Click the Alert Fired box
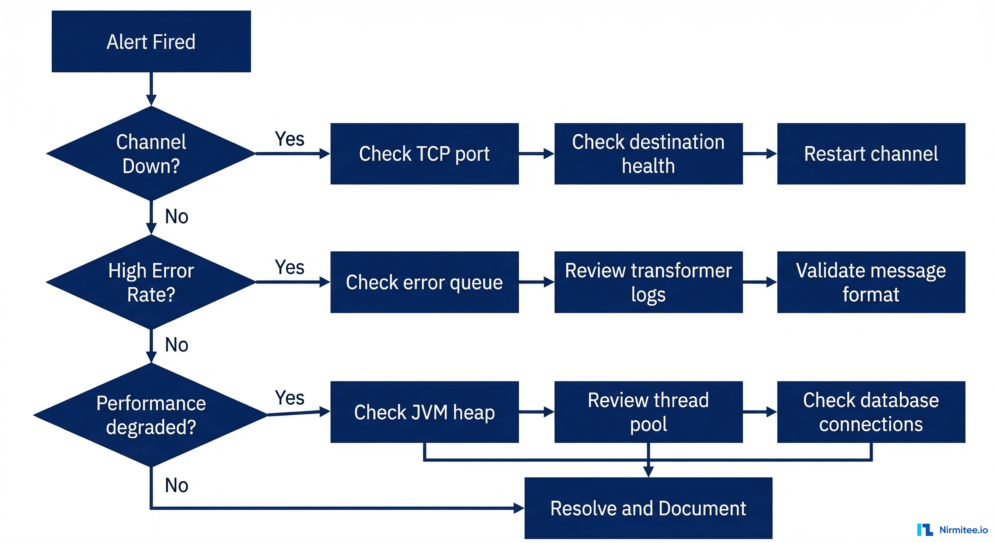tap(151, 41)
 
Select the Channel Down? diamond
tap(151, 153)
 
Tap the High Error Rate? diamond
tap(151, 282)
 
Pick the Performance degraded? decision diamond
tap(151, 415)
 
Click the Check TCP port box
tap(424, 153)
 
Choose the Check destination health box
tap(648, 153)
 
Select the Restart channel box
tap(871, 153)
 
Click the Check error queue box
tap(424, 282)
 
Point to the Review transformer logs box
tap(648, 282)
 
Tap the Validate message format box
tap(871, 282)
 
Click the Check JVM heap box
tap(424, 412)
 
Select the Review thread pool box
tap(648, 412)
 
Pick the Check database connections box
tap(871, 412)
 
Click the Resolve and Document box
tap(648, 508)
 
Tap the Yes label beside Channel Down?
tap(289, 139)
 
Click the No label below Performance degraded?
tap(177, 485)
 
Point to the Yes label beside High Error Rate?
tap(289, 267)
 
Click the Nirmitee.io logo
tap(952, 530)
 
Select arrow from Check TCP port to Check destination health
tap(536, 153)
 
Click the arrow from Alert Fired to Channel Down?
tap(151, 89)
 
